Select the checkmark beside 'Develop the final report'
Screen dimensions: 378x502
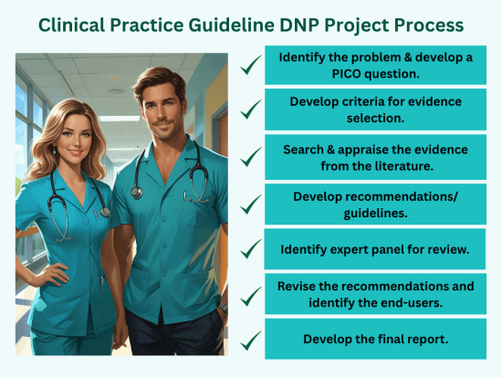pos(249,339)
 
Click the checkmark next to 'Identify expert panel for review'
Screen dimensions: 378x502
pos(249,247)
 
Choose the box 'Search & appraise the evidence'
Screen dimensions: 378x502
pos(375,156)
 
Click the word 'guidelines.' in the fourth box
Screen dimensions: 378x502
pos(375,212)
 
